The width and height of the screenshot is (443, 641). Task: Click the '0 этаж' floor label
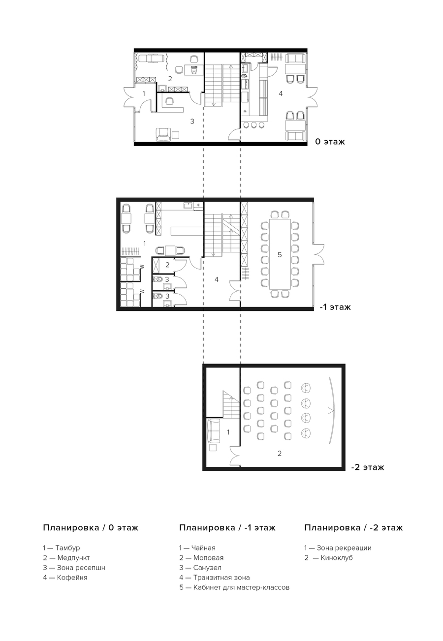click(x=330, y=142)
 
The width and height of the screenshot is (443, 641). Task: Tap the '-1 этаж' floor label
click(x=335, y=307)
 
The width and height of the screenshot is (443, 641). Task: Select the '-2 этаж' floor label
click(x=367, y=467)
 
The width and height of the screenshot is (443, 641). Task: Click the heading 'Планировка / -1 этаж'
click(x=227, y=527)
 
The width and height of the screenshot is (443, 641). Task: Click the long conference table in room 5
click(x=280, y=254)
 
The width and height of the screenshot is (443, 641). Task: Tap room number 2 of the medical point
click(x=170, y=79)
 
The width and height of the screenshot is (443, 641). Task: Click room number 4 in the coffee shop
click(x=281, y=93)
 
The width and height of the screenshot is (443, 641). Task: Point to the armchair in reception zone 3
click(x=163, y=134)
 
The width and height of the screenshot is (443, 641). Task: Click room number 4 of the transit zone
click(x=217, y=279)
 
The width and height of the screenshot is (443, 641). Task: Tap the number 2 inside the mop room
click(x=167, y=265)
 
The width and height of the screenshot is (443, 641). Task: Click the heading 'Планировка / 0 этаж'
click(x=91, y=527)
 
